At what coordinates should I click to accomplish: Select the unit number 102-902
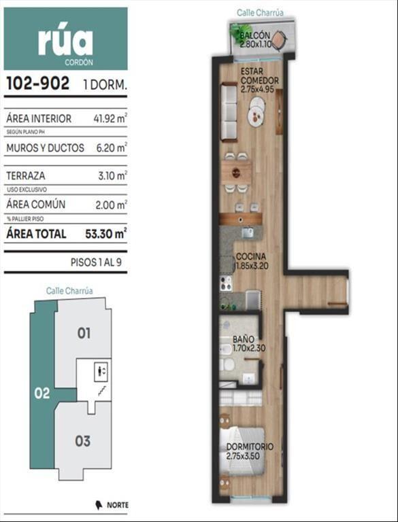click(x=38, y=83)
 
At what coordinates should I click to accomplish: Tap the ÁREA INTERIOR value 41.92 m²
click(x=110, y=118)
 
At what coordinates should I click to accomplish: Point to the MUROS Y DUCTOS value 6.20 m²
click(x=112, y=147)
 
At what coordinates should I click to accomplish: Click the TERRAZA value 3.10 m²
click(x=112, y=175)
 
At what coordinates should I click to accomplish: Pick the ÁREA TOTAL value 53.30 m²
click(x=105, y=233)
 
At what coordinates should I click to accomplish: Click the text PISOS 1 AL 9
click(x=96, y=262)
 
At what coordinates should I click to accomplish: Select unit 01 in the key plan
click(x=84, y=333)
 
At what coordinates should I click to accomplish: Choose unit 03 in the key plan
click(x=83, y=441)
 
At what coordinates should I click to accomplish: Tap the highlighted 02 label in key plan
click(x=42, y=394)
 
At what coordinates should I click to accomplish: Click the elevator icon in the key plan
click(x=102, y=370)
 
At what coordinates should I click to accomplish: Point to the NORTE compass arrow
click(x=99, y=505)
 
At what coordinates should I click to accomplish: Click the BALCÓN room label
click(x=255, y=35)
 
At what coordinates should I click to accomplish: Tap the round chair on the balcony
click(x=280, y=40)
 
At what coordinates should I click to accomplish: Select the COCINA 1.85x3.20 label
click(x=252, y=261)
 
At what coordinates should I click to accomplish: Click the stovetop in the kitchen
click(x=227, y=283)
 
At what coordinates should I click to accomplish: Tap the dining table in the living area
click(x=236, y=172)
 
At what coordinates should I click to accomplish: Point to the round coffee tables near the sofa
click(x=256, y=111)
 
